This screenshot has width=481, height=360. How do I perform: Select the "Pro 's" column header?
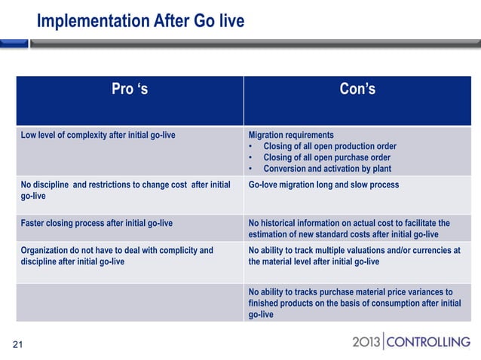pos(130,91)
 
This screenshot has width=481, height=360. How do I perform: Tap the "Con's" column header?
pos(357,91)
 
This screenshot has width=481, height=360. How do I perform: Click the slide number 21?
pos(17,345)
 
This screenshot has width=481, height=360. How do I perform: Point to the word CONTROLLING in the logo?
pos(427,343)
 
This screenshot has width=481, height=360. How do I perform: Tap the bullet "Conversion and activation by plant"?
pos(324,169)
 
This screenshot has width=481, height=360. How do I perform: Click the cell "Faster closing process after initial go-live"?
pos(97,223)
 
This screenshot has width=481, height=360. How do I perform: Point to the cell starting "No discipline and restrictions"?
pos(124,190)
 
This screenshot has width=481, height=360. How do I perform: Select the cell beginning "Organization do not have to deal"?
pos(117,256)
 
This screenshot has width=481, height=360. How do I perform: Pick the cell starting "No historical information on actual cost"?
pos(349,228)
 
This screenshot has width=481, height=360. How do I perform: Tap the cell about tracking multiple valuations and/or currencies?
pos(354,256)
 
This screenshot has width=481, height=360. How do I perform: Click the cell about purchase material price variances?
pos(354,303)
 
